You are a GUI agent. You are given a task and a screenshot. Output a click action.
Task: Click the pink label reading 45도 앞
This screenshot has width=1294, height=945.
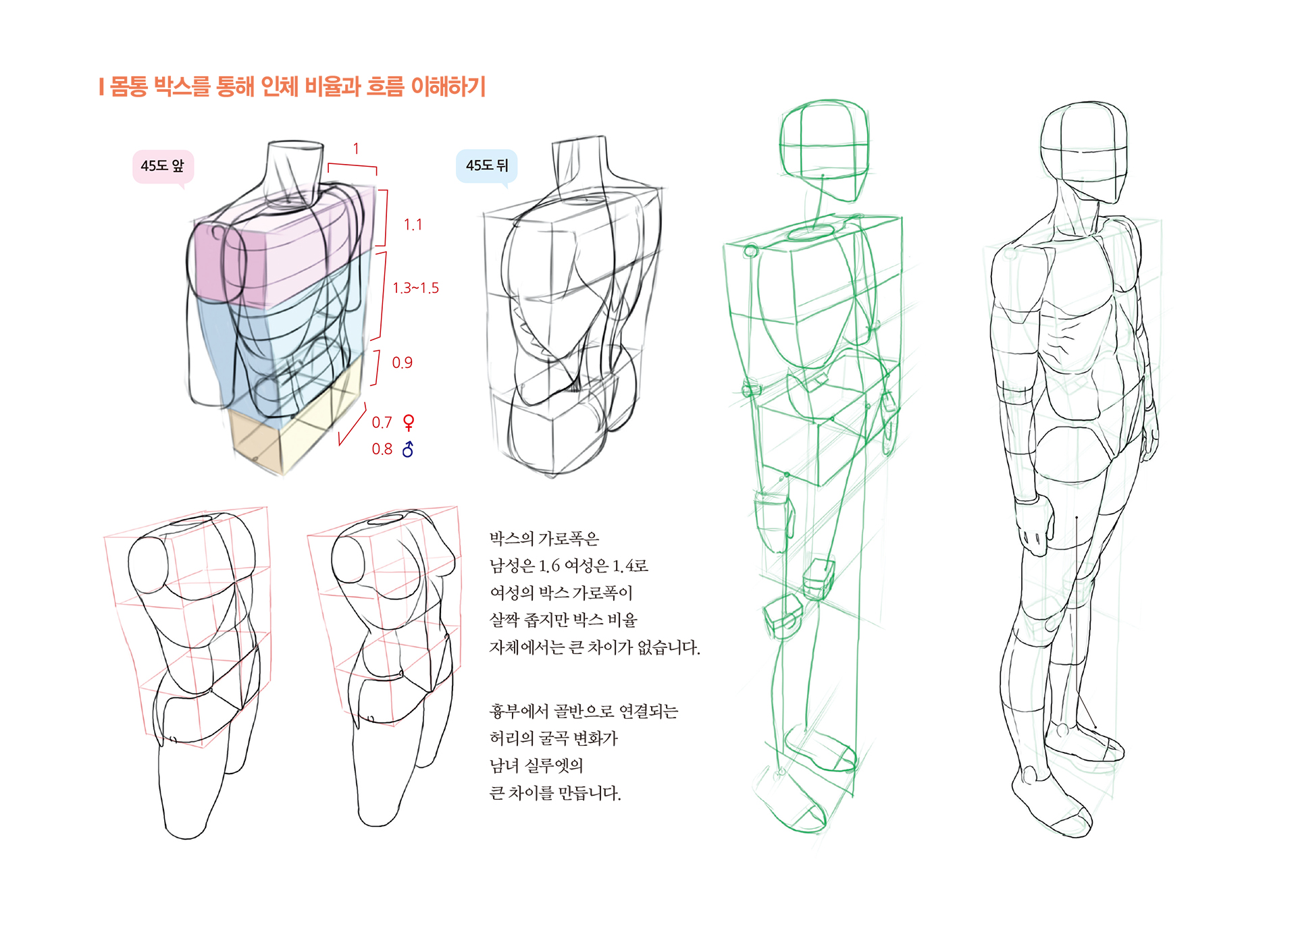click(x=163, y=166)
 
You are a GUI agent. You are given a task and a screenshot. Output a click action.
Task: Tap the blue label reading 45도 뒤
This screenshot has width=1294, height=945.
click(x=487, y=166)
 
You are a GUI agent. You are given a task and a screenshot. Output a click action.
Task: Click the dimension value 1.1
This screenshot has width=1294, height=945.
click(x=413, y=225)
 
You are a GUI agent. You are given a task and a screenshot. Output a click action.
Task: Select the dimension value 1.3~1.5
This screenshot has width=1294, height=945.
click(x=416, y=288)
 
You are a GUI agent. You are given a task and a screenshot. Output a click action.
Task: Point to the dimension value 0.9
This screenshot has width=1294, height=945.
click(x=403, y=363)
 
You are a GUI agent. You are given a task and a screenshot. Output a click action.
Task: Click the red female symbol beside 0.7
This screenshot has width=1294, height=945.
click(x=409, y=423)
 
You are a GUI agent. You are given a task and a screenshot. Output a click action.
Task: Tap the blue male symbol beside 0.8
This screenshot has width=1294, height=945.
click(x=408, y=449)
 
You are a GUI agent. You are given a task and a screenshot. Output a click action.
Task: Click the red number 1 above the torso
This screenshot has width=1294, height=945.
click(x=356, y=148)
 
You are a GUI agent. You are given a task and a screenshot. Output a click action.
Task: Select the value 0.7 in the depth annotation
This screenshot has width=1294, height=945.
click(x=382, y=423)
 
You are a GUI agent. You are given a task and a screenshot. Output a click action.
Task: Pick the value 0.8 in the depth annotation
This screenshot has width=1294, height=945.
click(x=382, y=450)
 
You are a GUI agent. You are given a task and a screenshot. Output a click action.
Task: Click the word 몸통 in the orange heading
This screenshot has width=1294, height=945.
click(x=128, y=86)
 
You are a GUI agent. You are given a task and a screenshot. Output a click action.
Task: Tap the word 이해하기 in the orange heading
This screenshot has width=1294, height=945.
click(x=449, y=86)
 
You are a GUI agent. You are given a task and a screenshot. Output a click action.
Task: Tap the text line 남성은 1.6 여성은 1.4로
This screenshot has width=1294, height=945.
click(x=569, y=566)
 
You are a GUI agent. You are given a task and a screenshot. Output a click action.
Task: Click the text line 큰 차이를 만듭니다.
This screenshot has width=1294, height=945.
click(x=555, y=792)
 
